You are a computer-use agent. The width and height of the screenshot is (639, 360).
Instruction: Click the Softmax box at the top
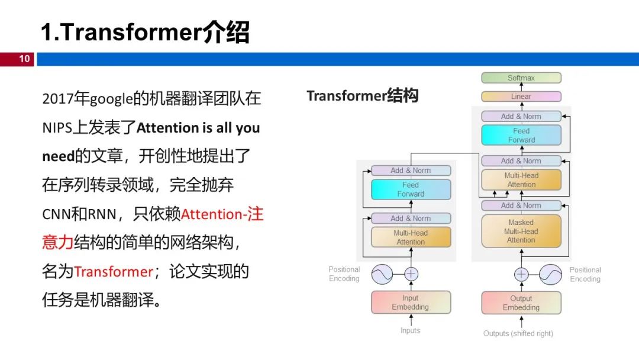pyautogui.click(x=521, y=78)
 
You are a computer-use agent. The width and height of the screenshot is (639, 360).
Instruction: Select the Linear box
pyautogui.click(x=521, y=97)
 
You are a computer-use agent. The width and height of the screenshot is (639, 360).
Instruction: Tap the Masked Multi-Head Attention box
pyautogui.click(x=521, y=231)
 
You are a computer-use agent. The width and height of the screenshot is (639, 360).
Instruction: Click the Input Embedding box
pyautogui.click(x=411, y=303)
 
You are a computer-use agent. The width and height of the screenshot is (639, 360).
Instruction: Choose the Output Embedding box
pyautogui.click(x=521, y=303)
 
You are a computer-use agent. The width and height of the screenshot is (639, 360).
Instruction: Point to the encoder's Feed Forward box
pyautogui.click(x=411, y=189)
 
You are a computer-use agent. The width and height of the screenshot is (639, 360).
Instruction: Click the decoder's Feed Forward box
pyautogui.click(x=521, y=135)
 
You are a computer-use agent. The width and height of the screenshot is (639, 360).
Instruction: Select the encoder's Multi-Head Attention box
pyautogui.click(x=411, y=237)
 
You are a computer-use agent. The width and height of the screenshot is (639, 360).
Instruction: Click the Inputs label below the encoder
pyautogui.click(x=410, y=330)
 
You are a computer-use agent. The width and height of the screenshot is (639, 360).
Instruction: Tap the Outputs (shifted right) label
pyautogui.click(x=518, y=333)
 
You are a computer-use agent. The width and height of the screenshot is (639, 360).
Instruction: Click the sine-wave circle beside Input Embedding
pyautogui.click(x=382, y=274)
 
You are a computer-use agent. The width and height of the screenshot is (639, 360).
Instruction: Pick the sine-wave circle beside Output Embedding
pyautogui.click(x=550, y=274)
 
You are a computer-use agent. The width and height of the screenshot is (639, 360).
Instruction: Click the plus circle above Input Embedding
pyautogui.click(x=411, y=274)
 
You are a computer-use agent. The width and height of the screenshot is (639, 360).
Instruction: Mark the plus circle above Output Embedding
pyautogui.click(x=521, y=274)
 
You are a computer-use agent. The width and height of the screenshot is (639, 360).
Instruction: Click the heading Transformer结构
pyautogui.click(x=362, y=96)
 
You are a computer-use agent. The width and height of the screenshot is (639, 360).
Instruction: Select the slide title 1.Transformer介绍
pyautogui.click(x=145, y=33)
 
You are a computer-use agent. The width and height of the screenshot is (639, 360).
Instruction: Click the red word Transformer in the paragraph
pyautogui.click(x=113, y=272)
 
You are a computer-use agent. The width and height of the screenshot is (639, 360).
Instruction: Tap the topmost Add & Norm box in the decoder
pyautogui.click(x=521, y=117)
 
